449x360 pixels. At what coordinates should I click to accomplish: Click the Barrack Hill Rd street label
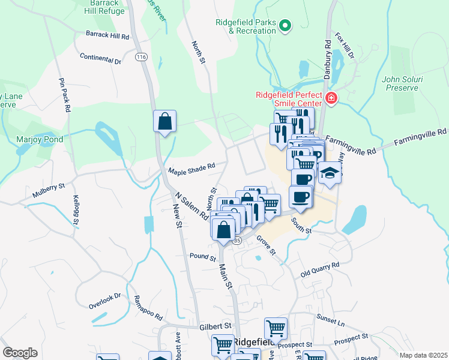coord(107,36)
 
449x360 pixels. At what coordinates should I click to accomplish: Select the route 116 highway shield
coord(141,57)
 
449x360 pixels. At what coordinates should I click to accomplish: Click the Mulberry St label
coord(49,187)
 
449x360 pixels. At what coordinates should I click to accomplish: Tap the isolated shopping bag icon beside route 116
coord(164,122)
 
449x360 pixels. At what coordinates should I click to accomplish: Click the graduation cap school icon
coord(330,173)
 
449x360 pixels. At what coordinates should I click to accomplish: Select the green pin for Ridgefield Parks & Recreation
coord(286,25)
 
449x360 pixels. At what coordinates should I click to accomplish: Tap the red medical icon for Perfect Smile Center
coord(330,98)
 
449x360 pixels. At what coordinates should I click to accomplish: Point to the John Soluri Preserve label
coord(399,83)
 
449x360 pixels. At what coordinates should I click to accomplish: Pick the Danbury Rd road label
coord(328,53)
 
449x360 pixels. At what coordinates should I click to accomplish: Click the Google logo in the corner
coord(20,353)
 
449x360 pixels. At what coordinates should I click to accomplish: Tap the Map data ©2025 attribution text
coord(423,355)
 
